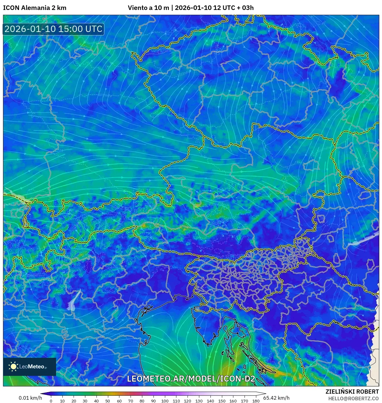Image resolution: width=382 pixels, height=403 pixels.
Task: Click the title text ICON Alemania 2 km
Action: tap(35, 8)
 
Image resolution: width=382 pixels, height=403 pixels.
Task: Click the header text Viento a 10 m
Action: tap(148, 8)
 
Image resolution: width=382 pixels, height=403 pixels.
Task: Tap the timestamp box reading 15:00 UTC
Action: tap(53, 29)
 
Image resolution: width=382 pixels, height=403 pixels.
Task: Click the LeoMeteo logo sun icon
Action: tap(13, 366)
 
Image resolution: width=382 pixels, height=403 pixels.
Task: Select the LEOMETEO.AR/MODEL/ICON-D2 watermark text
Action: tap(191, 379)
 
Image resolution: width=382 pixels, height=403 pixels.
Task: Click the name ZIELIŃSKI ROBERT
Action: tap(352, 392)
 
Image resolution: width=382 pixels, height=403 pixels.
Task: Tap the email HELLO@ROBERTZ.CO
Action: tap(353, 398)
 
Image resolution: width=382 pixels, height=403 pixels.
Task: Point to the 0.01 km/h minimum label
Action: tap(30, 398)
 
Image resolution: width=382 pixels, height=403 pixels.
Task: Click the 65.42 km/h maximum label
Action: tap(276, 398)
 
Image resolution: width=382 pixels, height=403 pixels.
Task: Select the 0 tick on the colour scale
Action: tap(51, 401)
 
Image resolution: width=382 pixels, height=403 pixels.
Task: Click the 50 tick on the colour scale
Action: tap(108, 401)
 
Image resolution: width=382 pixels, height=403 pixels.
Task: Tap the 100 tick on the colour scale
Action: tap(165, 401)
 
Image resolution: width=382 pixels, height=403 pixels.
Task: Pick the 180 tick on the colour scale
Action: tap(256, 401)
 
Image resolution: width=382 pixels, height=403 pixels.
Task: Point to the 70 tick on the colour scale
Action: tap(131, 401)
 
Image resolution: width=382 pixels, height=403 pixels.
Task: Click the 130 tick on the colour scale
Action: tap(199, 401)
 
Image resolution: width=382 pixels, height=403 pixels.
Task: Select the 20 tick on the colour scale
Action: tap(74, 401)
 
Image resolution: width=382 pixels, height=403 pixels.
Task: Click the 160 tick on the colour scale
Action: tap(233, 401)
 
